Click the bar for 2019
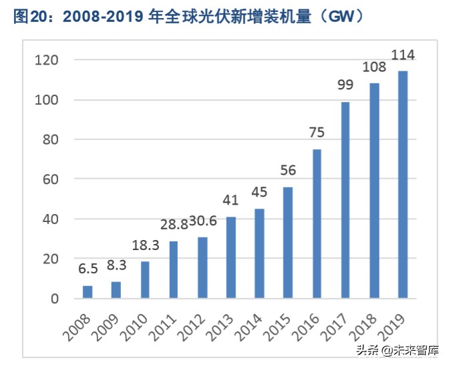point(403,185)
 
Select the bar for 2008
point(88,292)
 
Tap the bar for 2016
point(317,223)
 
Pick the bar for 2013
point(231,257)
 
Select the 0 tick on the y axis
point(55,298)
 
